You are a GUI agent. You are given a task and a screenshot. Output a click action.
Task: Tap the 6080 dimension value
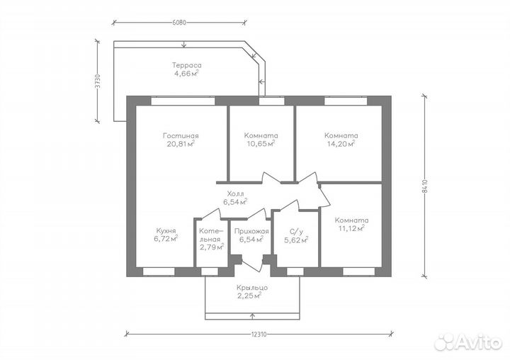(x=179, y=23)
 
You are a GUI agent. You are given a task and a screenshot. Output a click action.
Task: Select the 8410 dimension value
(x=424, y=186)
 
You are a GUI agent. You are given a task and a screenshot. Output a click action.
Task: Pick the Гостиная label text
(x=181, y=136)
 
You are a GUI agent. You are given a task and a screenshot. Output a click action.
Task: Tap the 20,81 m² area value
(x=181, y=144)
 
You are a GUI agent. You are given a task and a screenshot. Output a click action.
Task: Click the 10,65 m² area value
(x=261, y=144)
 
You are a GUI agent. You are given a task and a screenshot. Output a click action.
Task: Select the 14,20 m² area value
(x=341, y=144)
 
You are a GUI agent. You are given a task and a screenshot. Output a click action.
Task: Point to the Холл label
(x=235, y=194)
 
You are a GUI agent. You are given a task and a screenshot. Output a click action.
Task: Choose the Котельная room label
(x=211, y=235)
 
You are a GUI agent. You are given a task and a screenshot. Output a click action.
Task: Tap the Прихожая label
(x=251, y=232)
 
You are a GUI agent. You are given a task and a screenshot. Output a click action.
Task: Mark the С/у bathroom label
(x=296, y=232)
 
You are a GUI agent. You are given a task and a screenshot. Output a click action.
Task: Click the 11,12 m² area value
(x=351, y=228)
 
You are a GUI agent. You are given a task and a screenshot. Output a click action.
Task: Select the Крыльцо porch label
(x=252, y=288)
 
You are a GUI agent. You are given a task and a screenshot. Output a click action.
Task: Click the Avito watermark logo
(x=468, y=342)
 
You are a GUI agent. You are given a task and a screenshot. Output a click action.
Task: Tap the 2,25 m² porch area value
(x=250, y=296)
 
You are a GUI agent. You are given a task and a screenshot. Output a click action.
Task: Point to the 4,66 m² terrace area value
(x=186, y=73)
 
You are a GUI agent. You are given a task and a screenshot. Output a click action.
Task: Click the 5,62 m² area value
(x=296, y=240)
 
